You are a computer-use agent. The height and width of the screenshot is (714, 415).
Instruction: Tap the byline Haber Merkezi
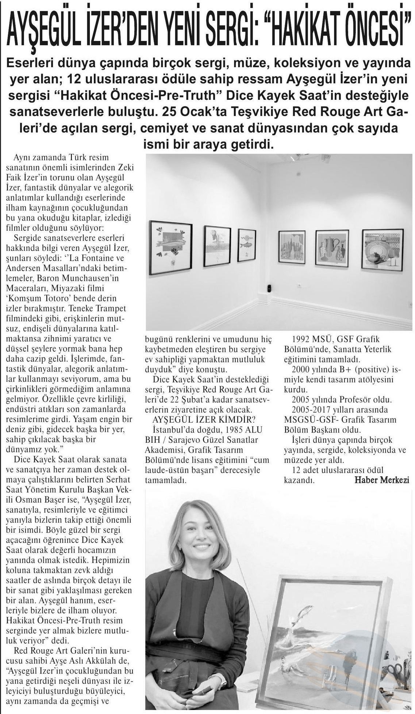point(381,480)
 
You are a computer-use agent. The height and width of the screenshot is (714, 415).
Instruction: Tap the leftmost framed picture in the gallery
point(171,248)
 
